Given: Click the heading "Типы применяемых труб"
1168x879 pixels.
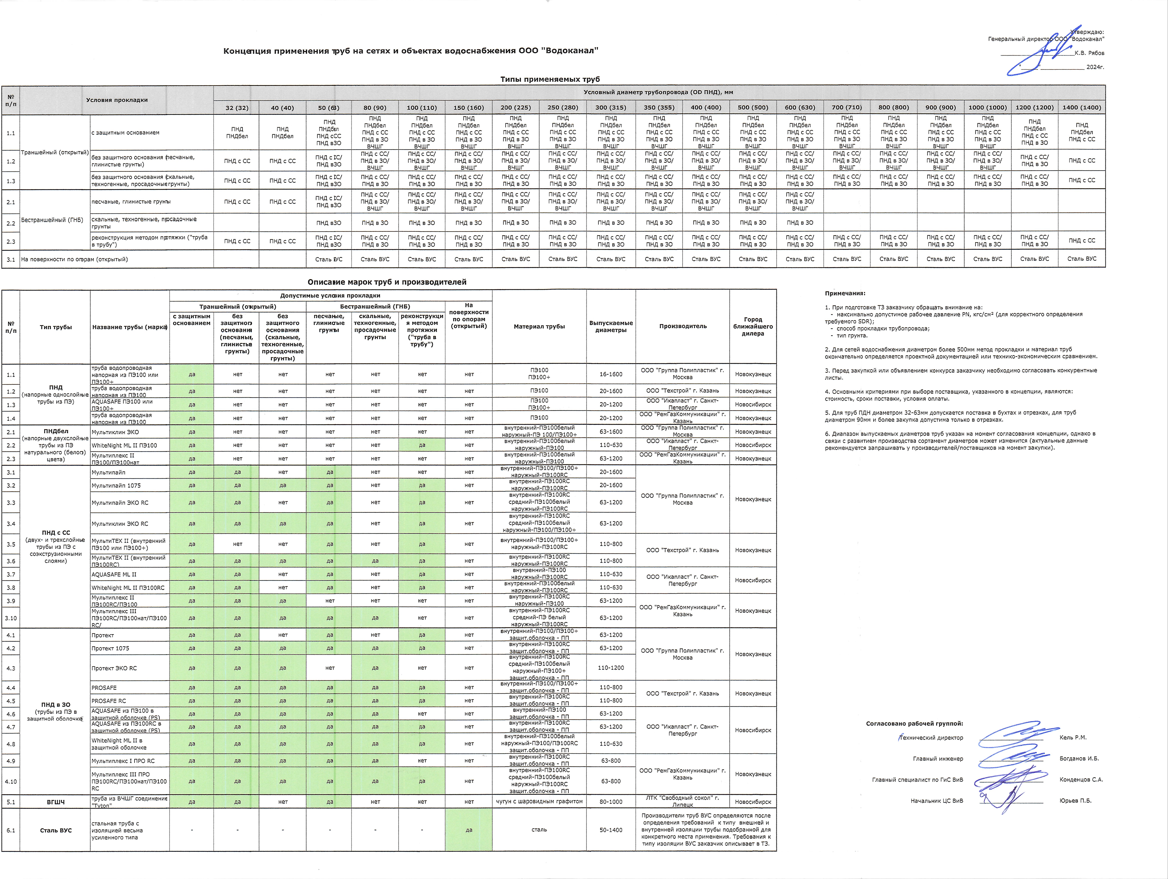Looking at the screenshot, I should point(550,79).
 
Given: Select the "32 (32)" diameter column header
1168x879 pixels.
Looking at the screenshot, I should point(237,108).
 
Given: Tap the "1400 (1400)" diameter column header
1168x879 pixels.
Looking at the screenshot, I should point(1081,108).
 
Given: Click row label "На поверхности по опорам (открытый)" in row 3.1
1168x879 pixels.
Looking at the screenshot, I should point(74,259).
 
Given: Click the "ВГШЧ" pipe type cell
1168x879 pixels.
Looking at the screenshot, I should point(55,802).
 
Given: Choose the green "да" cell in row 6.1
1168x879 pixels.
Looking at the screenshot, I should point(469,830).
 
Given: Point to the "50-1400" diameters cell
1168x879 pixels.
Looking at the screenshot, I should point(611,830).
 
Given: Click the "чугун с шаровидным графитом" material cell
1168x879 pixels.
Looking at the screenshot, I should point(539,801).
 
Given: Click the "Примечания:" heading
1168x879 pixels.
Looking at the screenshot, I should point(845,293).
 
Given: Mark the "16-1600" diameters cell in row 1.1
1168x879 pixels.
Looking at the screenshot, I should point(611,374).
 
